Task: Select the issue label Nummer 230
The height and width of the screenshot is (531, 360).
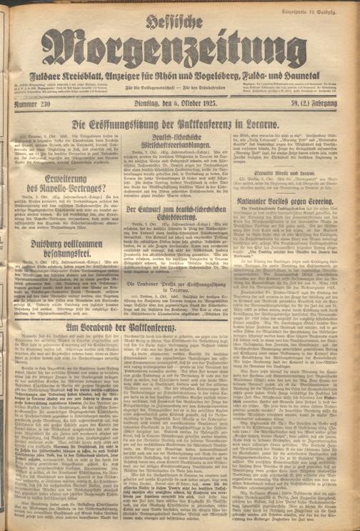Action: tap(30, 107)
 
